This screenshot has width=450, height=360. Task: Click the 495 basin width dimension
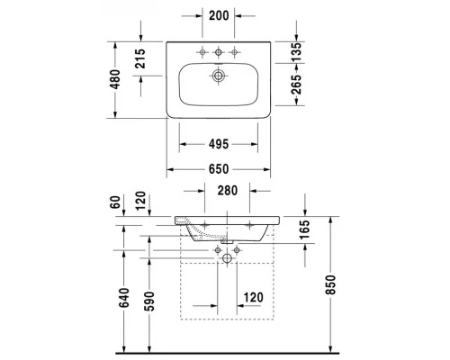217,143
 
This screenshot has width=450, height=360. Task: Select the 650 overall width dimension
217,168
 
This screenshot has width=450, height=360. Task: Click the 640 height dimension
125,298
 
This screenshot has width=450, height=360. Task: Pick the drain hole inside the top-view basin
217,76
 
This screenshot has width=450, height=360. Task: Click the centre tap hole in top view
217,49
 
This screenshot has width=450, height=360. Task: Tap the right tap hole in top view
235,49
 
